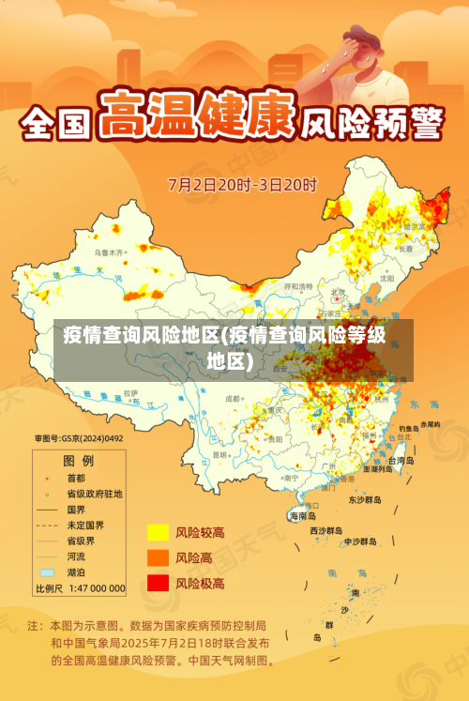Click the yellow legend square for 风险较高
coord(158,532)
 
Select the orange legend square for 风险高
coord(158,557)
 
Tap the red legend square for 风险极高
coord(158,583)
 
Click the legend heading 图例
coord(78,461)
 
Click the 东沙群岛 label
coord(365,499)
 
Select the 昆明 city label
coord(221,454)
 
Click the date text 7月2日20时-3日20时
coord(242,183)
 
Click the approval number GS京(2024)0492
coord(79,437)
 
